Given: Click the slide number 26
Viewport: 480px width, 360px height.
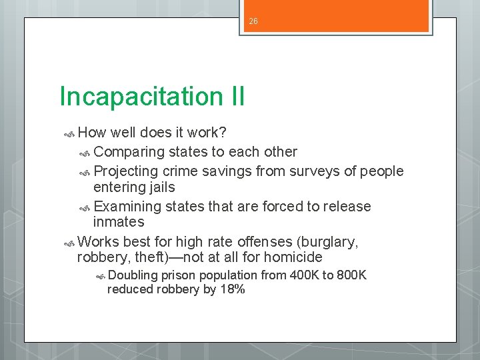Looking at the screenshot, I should [x=253, y=22].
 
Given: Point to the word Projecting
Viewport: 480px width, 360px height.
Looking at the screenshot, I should [x=131, y=171].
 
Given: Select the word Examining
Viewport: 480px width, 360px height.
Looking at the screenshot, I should [x=131, y=206].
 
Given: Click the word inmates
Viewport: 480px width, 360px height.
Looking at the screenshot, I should [x=119, y=222].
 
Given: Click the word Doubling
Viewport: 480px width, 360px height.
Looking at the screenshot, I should [x=133, y=275].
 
